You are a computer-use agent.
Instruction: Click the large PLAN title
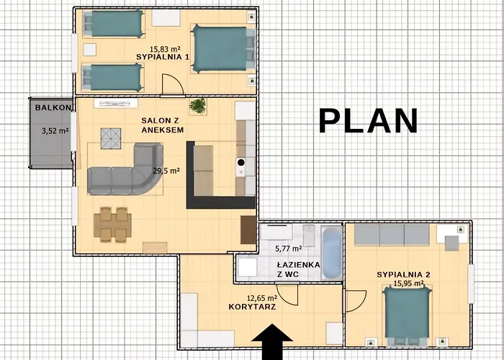point(369,120)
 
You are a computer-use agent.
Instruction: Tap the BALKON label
point(53,108)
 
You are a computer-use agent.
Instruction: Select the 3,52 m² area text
point(55,131)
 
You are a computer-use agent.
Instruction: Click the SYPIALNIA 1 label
point(163,57)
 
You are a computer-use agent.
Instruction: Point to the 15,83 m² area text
point(165,49)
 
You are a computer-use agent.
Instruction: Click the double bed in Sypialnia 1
point(223,48)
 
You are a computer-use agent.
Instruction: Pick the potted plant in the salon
point(197,106)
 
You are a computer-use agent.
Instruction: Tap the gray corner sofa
point(125,170)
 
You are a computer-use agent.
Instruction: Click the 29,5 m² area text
point(166,171)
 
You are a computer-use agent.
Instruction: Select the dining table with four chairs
point(112,225)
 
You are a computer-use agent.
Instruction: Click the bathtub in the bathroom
point(332,253)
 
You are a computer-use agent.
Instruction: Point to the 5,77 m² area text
point(288,248)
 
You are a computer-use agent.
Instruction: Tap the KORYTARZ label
point(252,307)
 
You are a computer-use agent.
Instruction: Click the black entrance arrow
point(272,342)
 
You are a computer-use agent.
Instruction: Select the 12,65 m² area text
point(262,299)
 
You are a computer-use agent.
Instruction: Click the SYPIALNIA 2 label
point(403,275)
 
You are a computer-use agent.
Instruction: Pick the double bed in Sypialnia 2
point(407,315)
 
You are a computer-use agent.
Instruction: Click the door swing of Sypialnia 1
point(173,84)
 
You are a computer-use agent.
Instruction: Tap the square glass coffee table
point(111,138)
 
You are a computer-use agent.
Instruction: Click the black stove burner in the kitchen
point(240,162)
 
